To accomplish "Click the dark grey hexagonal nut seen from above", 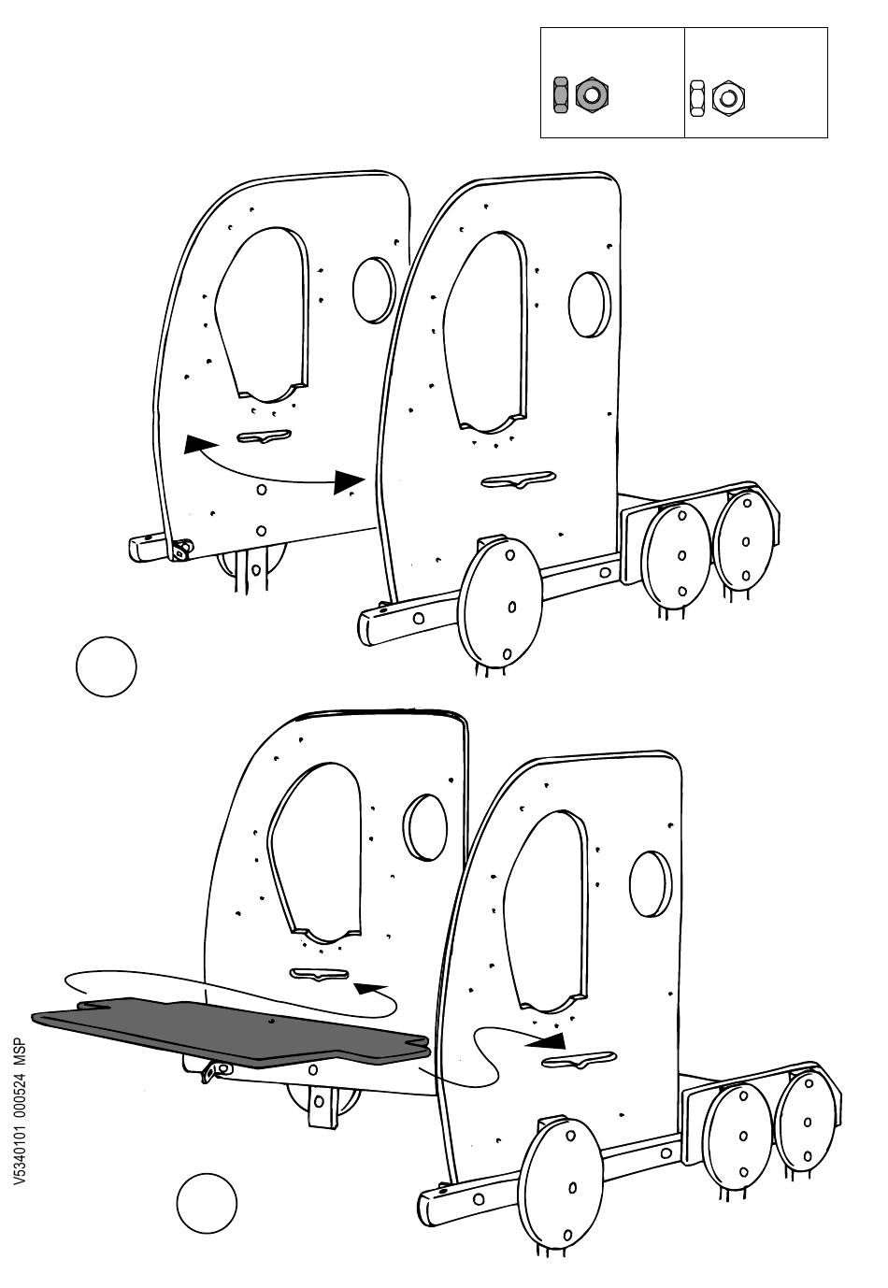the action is tap(591, 94).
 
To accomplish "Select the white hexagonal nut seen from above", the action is tap(727, 97).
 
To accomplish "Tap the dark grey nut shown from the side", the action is tap(561, 94).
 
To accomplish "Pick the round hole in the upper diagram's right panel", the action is tap(590, 303).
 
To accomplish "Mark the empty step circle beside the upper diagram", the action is tap(106, 666).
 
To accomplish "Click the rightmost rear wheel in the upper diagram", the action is tap(747, 541).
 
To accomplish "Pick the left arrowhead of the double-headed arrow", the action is tap(194, 445).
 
